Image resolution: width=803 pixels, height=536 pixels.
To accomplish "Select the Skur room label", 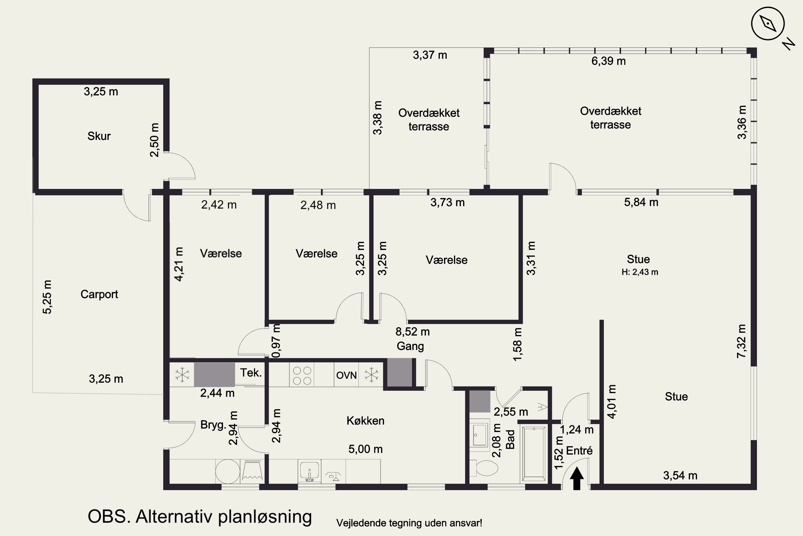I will point(99,136).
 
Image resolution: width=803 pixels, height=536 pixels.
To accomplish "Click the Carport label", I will point(99,294).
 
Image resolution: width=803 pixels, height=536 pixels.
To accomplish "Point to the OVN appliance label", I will point(346,375).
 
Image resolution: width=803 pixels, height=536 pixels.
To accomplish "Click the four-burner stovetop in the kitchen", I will point(302,375).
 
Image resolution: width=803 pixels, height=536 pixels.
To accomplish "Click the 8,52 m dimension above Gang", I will point(412,332).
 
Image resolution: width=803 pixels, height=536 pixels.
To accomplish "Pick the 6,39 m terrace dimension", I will point(608,61).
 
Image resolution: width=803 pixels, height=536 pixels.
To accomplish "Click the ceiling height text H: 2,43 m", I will point(639,272).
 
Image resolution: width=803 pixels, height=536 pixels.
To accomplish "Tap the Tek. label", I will point(251,373).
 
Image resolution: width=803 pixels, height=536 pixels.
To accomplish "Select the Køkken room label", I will point(365,421).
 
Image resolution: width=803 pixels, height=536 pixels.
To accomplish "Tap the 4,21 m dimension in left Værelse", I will point(179,264).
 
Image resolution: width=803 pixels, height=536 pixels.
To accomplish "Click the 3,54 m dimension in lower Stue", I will point(680,475).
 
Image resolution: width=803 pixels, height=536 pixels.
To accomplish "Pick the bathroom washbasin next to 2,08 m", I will point(480,435).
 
